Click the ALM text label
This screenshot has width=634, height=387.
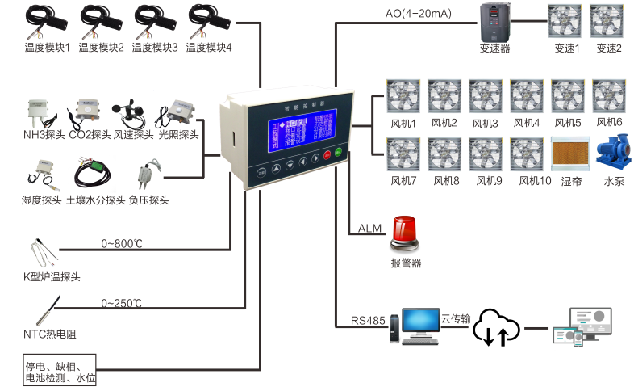coord(370,229)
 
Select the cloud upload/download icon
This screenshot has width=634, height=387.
coord(495,326)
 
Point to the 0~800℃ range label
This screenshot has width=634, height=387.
coord(122,243)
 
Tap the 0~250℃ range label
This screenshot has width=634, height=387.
coord(122,303)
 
